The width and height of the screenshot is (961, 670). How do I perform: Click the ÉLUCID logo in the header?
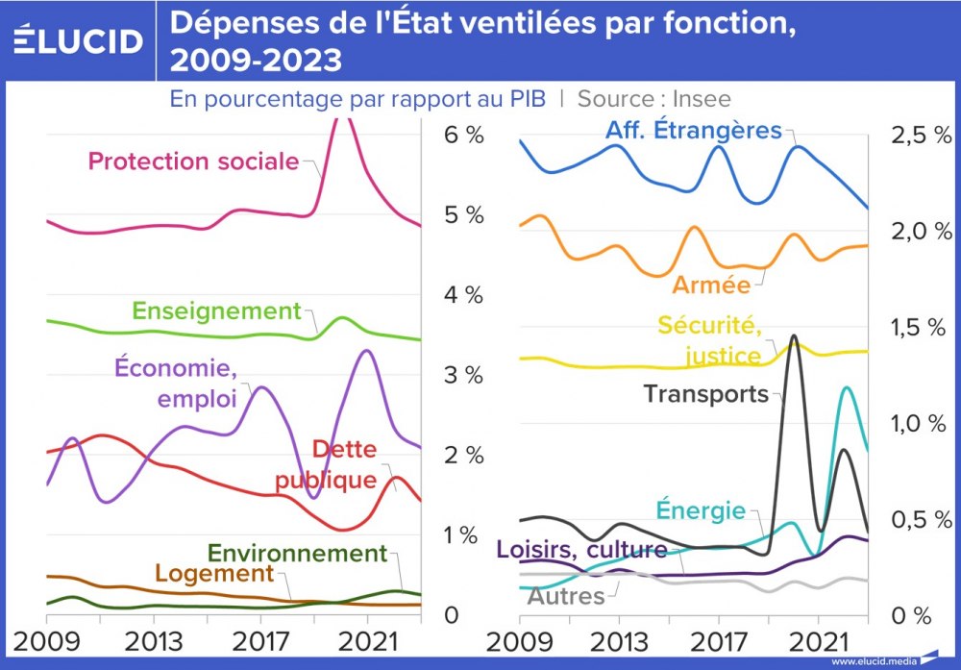[78, 41]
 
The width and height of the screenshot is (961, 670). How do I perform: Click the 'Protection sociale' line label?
[193, 161]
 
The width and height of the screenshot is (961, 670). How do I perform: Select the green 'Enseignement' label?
[216, 311]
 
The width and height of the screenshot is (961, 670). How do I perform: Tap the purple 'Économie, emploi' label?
[175, 383]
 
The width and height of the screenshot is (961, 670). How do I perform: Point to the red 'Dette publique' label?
[329, 464]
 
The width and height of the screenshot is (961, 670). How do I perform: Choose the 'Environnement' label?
[297, 554]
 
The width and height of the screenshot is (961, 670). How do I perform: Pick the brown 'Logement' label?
[214, 574]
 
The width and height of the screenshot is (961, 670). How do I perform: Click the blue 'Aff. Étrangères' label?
[693, 130]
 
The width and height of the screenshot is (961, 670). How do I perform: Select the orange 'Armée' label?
[711, 285]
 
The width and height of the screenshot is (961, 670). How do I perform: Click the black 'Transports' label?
[705, 393]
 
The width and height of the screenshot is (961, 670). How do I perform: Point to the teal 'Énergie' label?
[701, 509]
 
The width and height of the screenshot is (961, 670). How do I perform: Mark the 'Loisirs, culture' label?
[581, 550]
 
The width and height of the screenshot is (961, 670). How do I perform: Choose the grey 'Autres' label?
[566, 596]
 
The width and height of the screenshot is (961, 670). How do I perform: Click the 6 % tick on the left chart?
[463, 135]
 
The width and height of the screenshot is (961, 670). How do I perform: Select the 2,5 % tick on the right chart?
[922, 135]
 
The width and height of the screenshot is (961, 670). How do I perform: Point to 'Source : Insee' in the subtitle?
[653, 98]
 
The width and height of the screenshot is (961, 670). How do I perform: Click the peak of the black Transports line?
[793, 335]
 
